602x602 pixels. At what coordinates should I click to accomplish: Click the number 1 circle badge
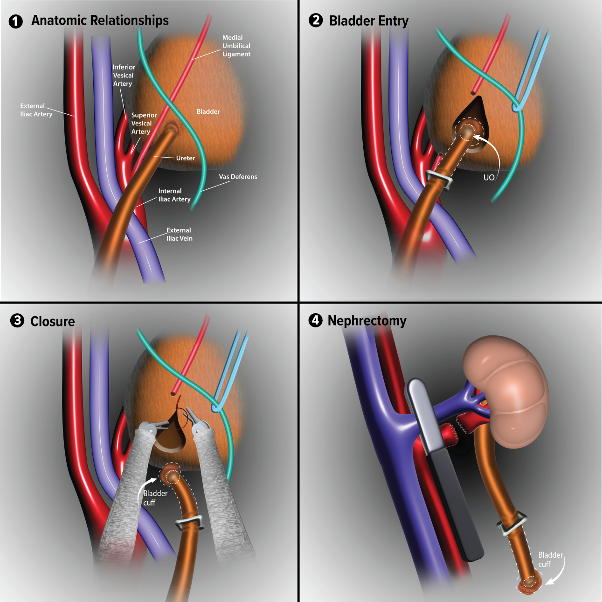pos(16,21)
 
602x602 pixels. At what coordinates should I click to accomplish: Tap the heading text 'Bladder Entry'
pos(368,21)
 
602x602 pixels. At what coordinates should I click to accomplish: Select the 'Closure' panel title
pos(52,321)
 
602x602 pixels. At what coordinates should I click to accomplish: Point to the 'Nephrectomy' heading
pos(367,321)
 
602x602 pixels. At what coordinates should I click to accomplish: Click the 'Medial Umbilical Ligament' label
pos(236,46)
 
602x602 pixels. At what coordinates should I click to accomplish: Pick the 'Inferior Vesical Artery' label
pos(124,75)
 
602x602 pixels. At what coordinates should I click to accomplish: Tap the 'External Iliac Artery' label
pos(36,110)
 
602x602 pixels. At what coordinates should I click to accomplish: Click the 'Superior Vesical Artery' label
pos(144,123)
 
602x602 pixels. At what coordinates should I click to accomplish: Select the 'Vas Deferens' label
pos(238,177)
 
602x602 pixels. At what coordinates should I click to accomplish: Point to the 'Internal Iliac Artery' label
pos(174,195)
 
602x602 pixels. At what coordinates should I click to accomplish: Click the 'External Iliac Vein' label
pos(179,234)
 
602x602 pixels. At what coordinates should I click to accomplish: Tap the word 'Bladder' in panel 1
pos(208,111)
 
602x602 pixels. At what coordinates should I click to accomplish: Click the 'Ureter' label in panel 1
pos(185,158)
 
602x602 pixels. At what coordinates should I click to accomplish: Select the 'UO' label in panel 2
pos(489,178)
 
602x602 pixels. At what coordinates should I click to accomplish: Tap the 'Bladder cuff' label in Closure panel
pos(155,498)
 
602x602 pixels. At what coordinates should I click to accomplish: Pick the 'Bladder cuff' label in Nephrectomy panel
pos(550,559)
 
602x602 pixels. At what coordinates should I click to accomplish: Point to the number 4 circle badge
pos(316,321)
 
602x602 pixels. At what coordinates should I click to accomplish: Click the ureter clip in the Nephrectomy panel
pos(512,523)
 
